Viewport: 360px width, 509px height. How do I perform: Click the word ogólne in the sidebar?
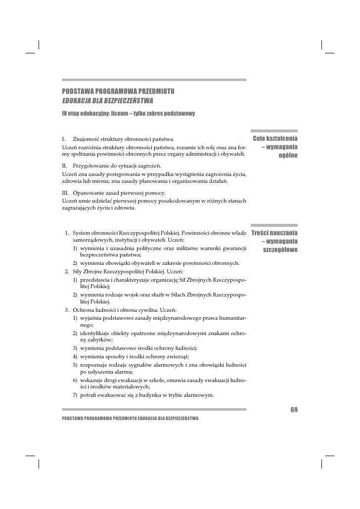tap(287, 156)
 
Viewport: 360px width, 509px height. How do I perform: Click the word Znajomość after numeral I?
tap(88, 137)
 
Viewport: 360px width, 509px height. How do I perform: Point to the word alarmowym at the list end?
tap(199, 395)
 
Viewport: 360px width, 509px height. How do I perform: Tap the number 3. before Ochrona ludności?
tap(66, 309)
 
